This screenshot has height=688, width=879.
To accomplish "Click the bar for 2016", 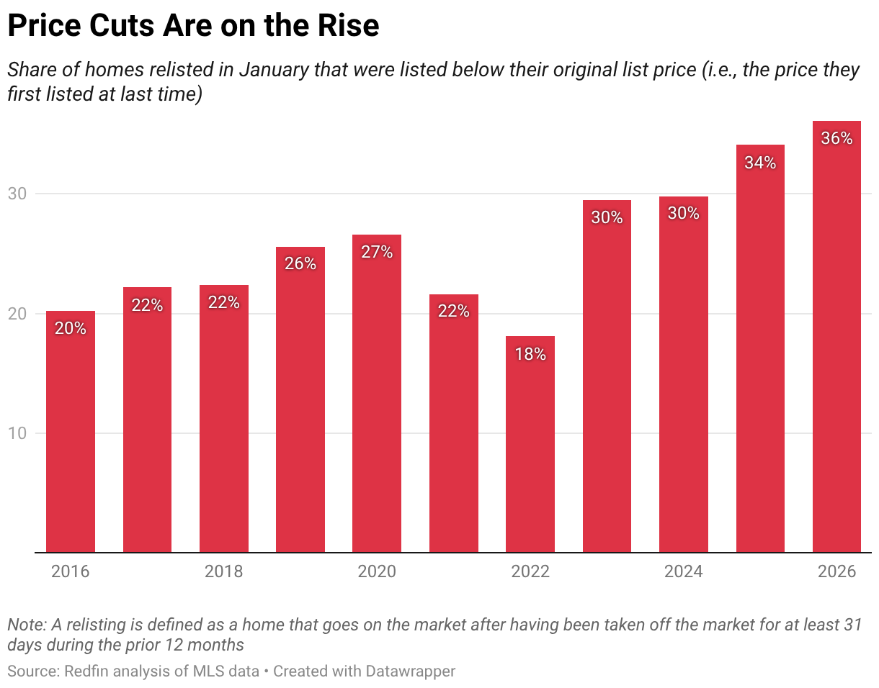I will [x=71, y=432].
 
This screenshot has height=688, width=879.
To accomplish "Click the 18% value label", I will [x=530, y=354].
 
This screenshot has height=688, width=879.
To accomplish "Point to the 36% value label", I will [x=836, y=139].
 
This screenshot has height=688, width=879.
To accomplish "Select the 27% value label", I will [x=377, y=253].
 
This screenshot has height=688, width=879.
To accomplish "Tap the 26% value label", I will [x=300, y=264].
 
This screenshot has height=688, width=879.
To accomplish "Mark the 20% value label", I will [x=71, y=329].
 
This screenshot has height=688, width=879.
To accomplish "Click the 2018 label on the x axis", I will [x=224, y=572].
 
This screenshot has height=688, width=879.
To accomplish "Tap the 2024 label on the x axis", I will [x=684, y=572].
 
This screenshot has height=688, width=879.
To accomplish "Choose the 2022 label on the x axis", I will [x=530, y=572].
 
